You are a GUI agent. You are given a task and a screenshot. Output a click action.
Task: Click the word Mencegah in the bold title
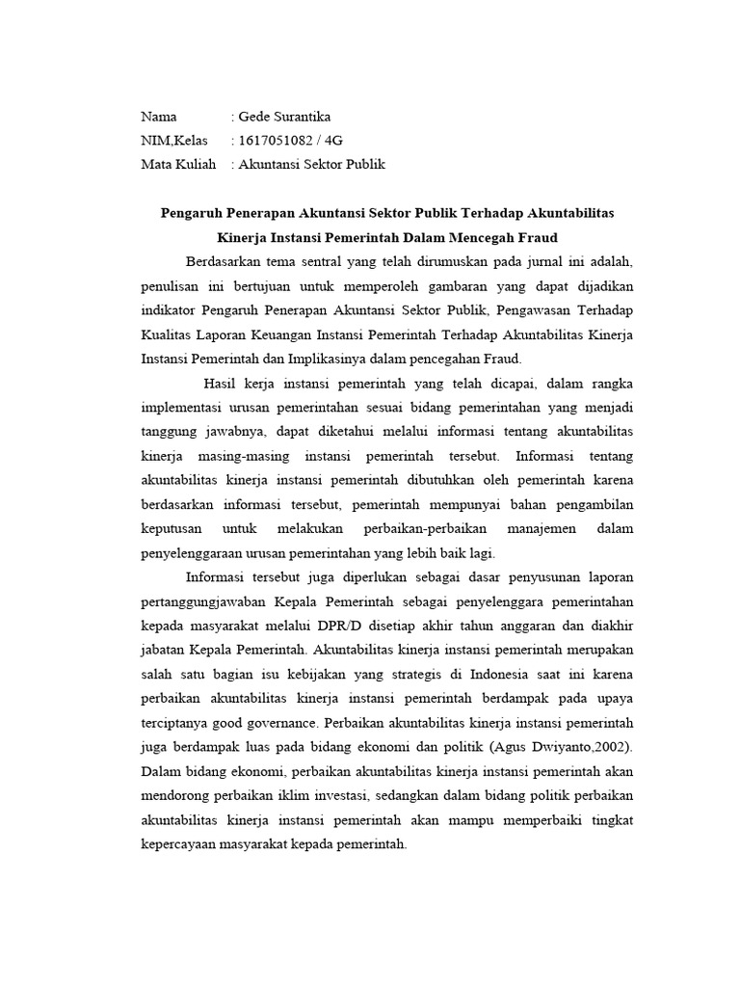(x=473, y=236)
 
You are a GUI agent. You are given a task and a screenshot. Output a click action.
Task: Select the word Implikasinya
(x=368, y=360)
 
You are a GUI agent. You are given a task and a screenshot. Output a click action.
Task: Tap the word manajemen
(x=532, y=529)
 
